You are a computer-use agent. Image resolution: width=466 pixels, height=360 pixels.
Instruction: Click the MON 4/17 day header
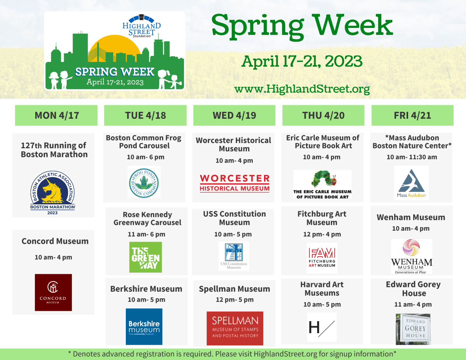coord(56,115)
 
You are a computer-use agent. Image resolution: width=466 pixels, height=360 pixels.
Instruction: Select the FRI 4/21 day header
coord(412,115)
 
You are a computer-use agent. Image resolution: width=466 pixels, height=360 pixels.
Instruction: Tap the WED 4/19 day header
coord(234,115)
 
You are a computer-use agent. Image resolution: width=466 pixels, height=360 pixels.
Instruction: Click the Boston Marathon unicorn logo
coord(53,193)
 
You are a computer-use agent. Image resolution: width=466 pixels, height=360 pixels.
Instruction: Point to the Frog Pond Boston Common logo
coord(144,182)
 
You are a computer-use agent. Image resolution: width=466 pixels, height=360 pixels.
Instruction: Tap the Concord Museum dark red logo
coord(54,292)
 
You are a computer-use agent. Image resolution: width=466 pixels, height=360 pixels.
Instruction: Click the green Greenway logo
coord(146,257)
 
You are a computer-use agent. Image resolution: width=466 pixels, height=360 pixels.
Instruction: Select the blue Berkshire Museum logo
coord(144,326)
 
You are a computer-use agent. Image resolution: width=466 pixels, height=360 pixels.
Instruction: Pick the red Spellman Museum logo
coord(235,328)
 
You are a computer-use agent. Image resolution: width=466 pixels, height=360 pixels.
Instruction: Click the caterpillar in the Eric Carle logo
coord(324,178)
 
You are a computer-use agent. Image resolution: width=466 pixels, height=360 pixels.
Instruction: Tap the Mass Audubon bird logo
coord(411,183)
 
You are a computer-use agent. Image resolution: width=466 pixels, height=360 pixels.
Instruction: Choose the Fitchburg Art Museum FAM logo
coord(322,258)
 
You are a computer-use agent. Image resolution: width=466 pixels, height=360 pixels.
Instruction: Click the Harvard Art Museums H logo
coord(322,327)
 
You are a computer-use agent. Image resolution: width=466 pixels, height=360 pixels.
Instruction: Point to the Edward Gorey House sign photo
coord(413,329)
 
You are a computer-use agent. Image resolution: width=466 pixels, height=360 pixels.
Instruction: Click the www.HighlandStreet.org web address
coord(302,89)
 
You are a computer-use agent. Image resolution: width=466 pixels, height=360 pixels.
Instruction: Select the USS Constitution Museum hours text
coord(233,234)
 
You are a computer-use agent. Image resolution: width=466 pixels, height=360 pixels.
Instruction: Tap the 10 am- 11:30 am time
coord(412,157)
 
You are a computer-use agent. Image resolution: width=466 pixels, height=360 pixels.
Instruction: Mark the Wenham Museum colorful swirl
coord(411,248)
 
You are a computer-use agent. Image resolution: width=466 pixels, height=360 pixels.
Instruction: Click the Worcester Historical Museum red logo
coord(235,183)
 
